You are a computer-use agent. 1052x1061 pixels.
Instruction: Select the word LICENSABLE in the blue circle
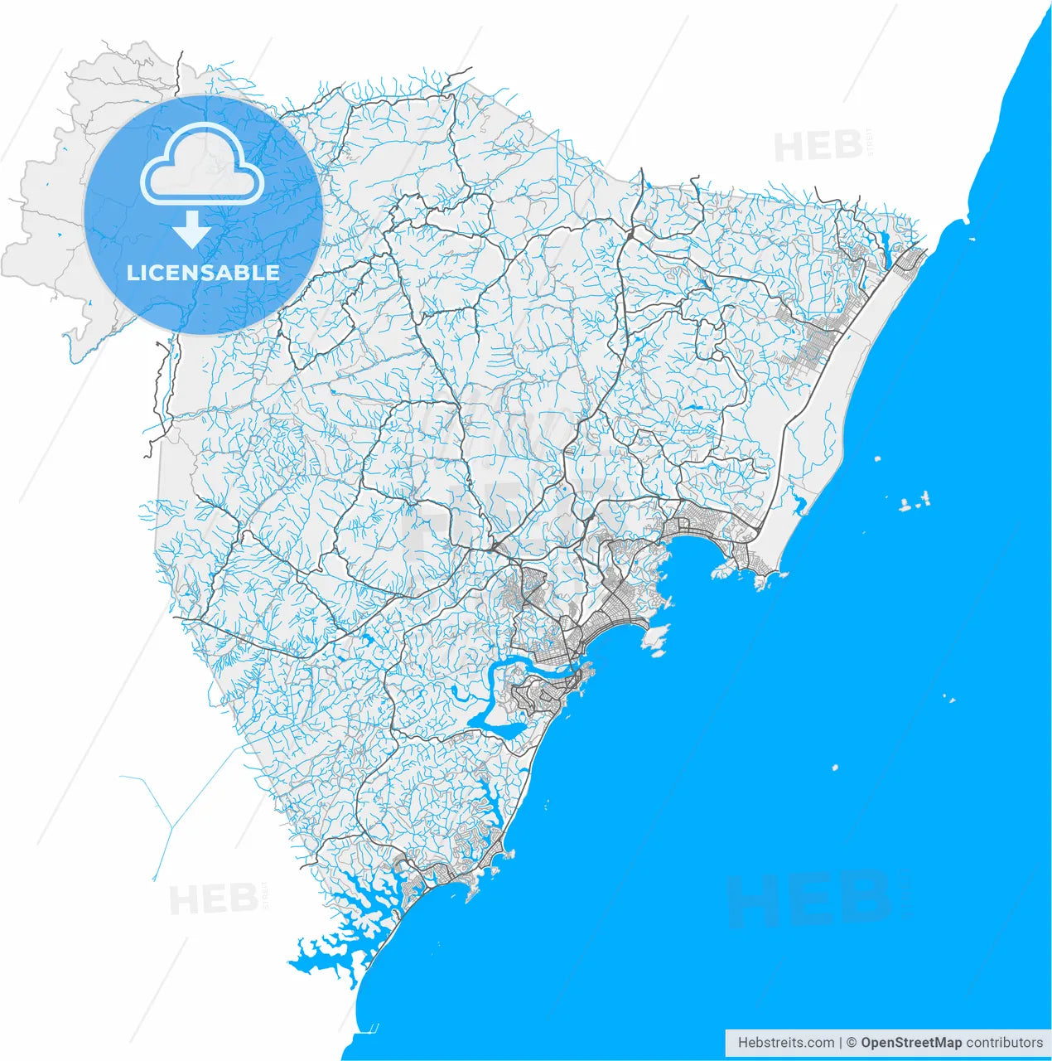tap(203, 273)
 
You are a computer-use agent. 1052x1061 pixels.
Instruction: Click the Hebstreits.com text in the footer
tap(786, 1043)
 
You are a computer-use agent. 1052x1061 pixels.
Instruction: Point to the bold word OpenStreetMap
tap(911, 1043)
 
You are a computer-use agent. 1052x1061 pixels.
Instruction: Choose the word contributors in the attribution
tap(1005, 1043)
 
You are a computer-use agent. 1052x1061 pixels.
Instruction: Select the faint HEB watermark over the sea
tap(808, 899)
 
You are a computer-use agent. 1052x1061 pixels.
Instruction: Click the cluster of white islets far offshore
tap(914, 501)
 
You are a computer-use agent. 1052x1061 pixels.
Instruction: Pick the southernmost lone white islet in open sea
tap(835, 768)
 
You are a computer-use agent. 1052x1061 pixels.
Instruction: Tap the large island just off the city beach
tap(656, 639)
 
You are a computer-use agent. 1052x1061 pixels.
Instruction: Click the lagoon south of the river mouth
tap(503, 730)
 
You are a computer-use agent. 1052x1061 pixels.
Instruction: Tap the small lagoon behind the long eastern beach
tap(798, 502)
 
